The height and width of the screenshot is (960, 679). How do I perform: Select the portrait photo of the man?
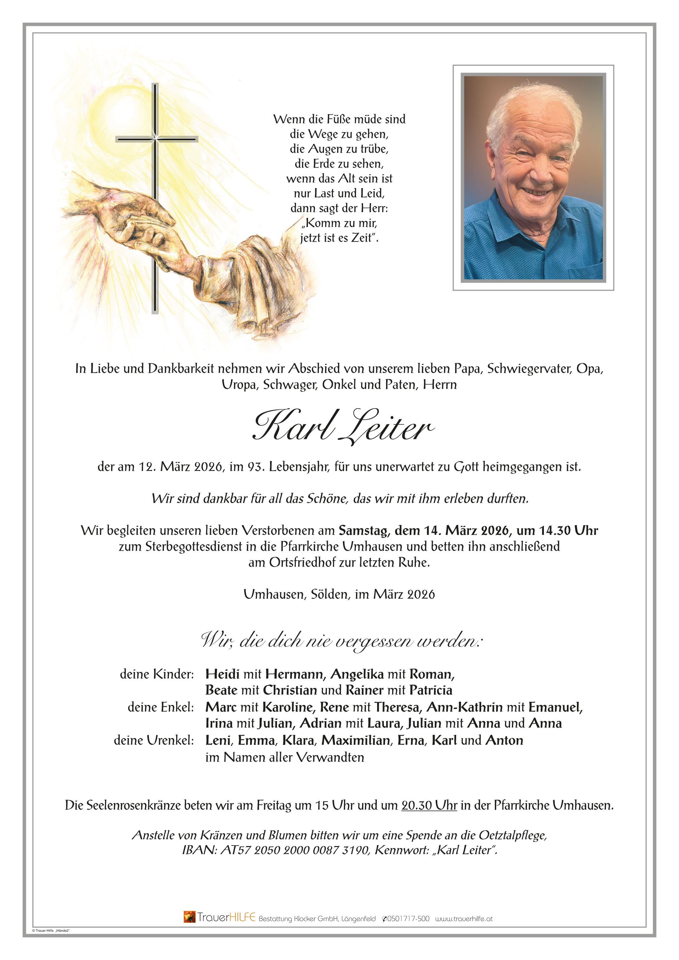click(x=533, y=177)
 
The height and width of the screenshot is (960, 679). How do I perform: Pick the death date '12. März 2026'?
click(x=180, y=467)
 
